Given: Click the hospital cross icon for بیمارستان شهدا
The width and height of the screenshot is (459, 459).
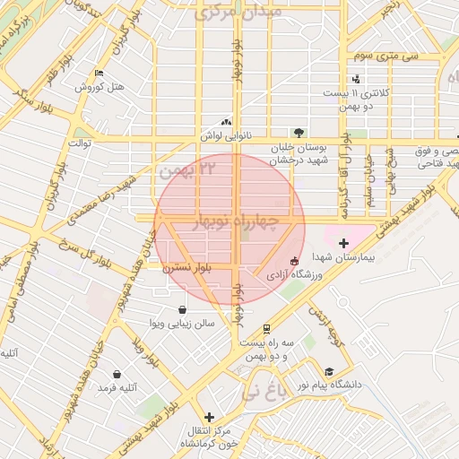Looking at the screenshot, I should [343, 243].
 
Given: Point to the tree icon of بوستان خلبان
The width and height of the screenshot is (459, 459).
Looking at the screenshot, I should [298, 133].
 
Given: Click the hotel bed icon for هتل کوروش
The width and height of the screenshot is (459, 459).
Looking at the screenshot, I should [99, 74].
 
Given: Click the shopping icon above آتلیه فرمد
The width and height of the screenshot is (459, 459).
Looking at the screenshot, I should [117, 375].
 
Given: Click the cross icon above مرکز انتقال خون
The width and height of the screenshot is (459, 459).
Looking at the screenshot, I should [209, 417].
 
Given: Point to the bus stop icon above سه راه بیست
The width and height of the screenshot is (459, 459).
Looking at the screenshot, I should [265, 329].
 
